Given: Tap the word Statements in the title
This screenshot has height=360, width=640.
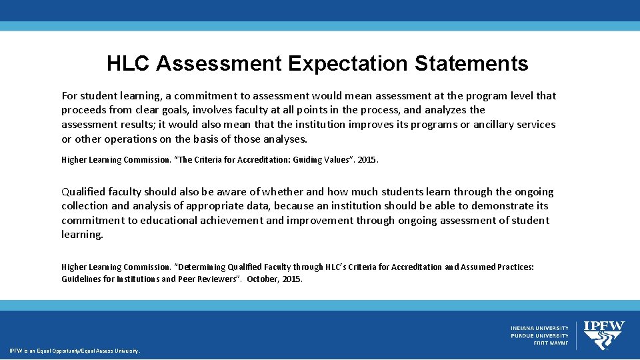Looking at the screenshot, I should point(471,63).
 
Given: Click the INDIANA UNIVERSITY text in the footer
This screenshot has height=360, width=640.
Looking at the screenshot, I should point(540,328).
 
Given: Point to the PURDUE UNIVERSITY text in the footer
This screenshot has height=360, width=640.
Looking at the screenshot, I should point(540,336).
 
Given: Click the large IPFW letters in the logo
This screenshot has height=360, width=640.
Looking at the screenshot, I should point(604,326).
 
